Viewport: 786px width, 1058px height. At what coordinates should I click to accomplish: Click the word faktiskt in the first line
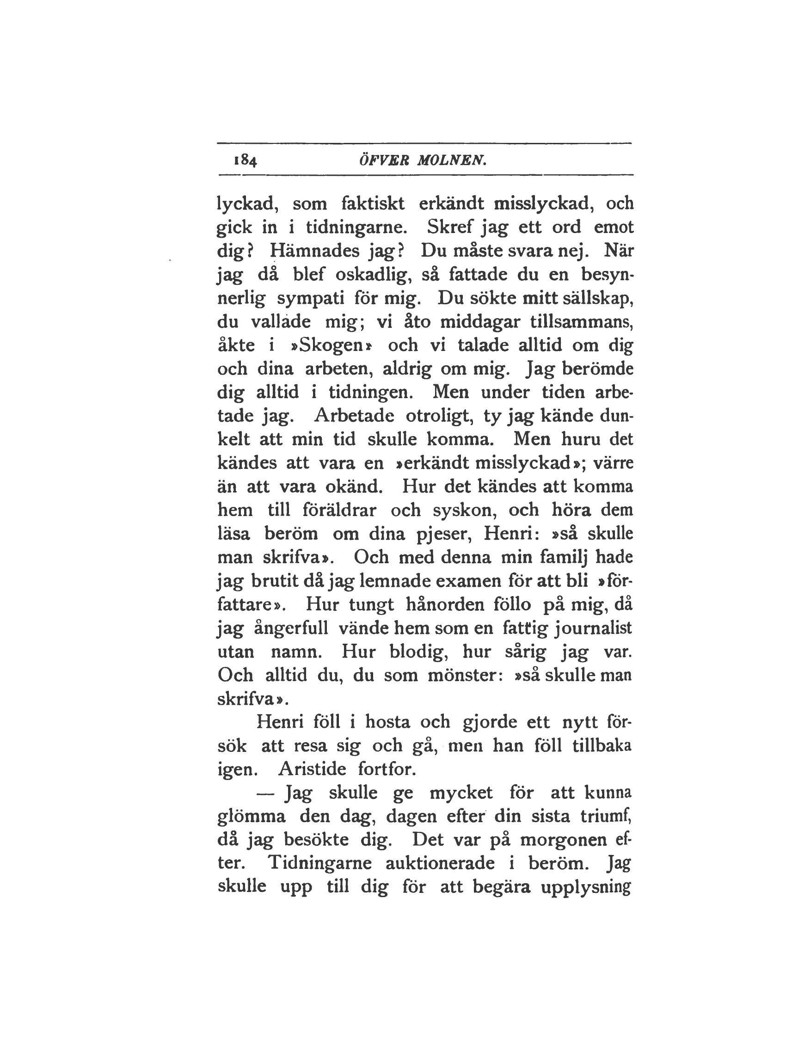click(373, 203)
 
